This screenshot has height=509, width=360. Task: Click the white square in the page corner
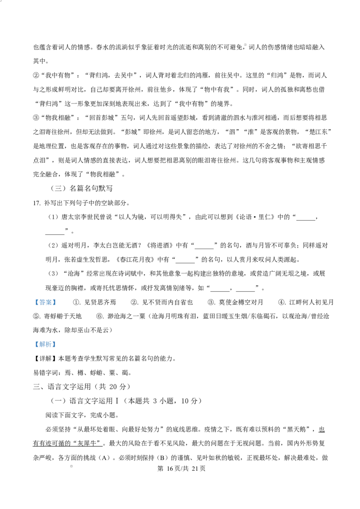point(1,1)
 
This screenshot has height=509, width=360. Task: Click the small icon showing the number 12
point(130,288)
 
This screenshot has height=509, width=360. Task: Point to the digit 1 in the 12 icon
point(129,287)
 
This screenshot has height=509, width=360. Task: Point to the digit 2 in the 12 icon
point(131,287)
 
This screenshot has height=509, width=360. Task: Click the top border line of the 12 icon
point(130,285)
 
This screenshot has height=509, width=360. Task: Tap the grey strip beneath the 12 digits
point(130,290)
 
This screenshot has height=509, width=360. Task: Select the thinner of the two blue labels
point(45,302)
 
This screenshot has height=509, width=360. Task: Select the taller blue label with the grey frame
point(45,344)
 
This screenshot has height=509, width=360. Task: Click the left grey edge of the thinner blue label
point(33,302)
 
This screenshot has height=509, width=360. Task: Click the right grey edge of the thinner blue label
point(57,302)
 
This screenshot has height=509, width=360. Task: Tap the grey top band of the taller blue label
point(45,339)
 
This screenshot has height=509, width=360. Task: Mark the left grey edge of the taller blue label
point(33,344)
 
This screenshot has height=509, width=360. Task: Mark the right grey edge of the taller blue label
point(57,344)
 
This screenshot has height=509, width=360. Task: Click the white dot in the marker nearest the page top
point(246,45)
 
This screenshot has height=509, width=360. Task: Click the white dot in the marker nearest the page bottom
point(71,466)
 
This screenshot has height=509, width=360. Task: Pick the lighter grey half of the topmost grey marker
point(247,45)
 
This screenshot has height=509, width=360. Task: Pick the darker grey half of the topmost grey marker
point(243,45)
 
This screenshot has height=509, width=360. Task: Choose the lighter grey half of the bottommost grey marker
point(69,466)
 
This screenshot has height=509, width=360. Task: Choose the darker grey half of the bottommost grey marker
point(74,466)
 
